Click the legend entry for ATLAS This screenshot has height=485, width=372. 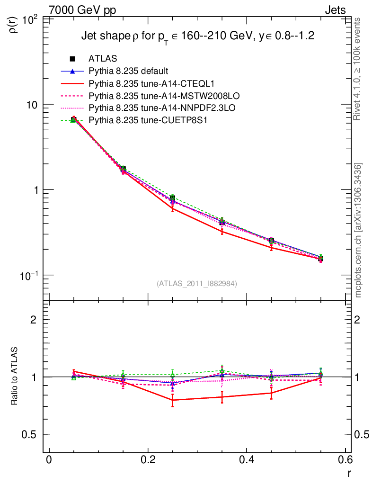(103, 59)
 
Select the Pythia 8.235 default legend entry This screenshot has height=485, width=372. (128, 71)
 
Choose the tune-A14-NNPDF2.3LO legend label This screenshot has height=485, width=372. (162, 108)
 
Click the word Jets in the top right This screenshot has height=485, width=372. (335, 9)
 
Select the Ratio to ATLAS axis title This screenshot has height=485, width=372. (14, 376)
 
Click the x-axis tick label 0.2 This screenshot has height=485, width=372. (148, 459)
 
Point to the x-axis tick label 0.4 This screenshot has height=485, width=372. (246, 459)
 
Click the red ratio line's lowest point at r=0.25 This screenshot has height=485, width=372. (173, 400)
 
